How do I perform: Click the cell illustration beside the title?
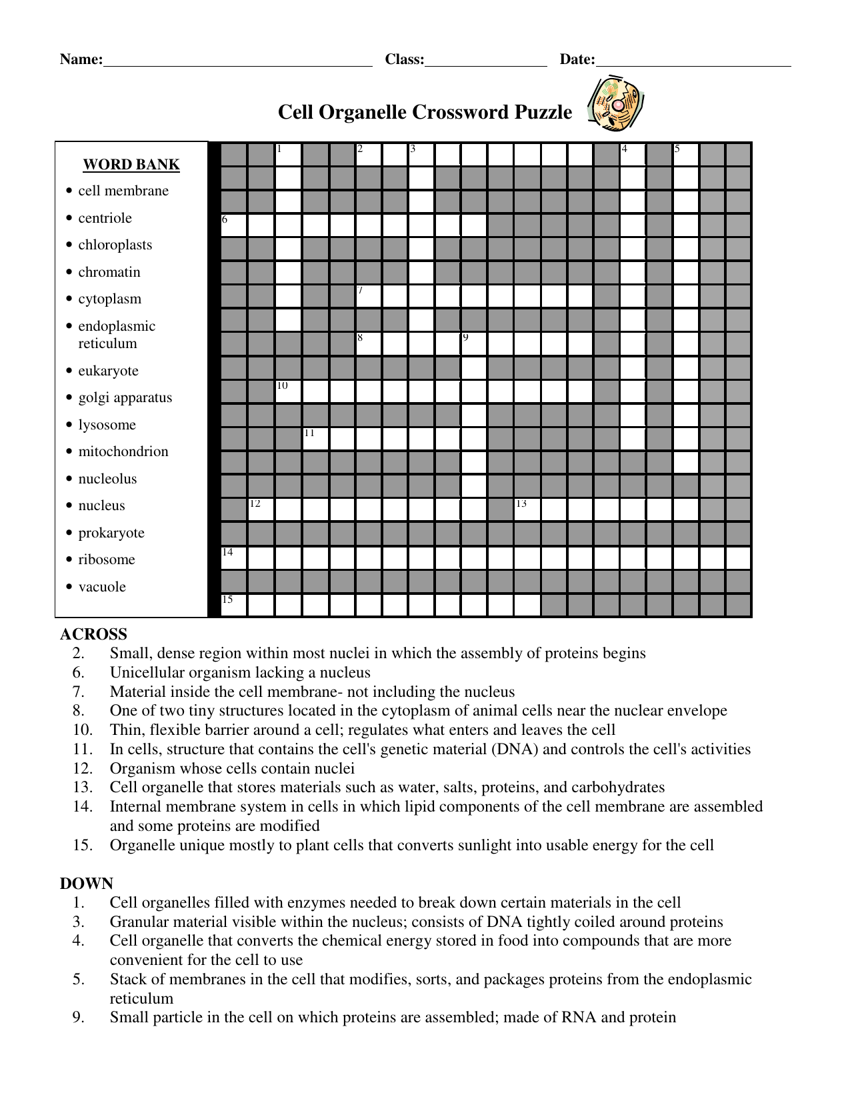616,104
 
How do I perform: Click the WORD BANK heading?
131,165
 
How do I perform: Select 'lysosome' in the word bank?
107,425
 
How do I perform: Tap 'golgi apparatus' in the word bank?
125,397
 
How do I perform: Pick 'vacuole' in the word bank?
102,587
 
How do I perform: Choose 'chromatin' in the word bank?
109,272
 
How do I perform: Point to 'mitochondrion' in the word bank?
123,451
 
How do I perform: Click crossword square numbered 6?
234,225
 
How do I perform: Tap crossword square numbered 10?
288,391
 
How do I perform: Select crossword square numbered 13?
527,509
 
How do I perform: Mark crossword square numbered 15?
234,605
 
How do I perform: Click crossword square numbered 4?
633,155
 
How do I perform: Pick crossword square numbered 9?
474,343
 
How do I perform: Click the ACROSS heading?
93,634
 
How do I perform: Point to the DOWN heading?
87,884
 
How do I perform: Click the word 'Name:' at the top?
81,59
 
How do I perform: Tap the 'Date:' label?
577,59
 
